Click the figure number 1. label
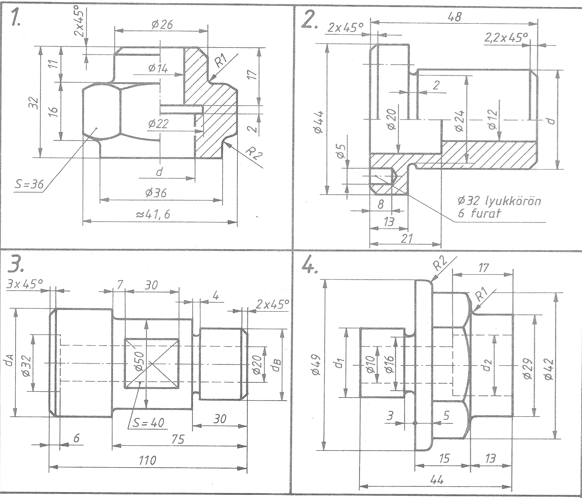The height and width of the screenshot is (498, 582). [x=15, y=18]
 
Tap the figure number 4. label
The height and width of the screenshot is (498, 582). [x=310, y=266]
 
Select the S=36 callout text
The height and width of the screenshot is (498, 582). [x=29, y=184]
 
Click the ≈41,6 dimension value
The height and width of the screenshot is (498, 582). [x=153, y=215]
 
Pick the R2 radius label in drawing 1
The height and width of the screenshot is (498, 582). [x=254, y=154]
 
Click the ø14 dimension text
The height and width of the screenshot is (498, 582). [x=158, y=68]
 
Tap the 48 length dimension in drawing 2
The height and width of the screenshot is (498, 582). [x=454, y=17]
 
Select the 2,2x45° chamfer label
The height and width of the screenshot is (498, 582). [x=506, y=38]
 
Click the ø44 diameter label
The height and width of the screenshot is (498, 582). [x=318, y=122]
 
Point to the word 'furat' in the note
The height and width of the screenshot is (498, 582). [x=479, y=213]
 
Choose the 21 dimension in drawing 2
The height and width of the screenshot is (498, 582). [x=406, y=239]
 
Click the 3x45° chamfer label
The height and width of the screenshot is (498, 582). [x=25, y=285]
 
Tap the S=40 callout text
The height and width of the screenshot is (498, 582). [x=148, y=423]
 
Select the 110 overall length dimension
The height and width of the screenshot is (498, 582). [x=147, y=460]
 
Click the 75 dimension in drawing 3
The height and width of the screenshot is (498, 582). [x=178, y=439]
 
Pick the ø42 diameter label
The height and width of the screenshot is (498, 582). [x=549, y=369]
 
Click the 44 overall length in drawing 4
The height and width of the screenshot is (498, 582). [x=437, y=479]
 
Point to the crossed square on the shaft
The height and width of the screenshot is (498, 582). [x=152, y=364]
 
